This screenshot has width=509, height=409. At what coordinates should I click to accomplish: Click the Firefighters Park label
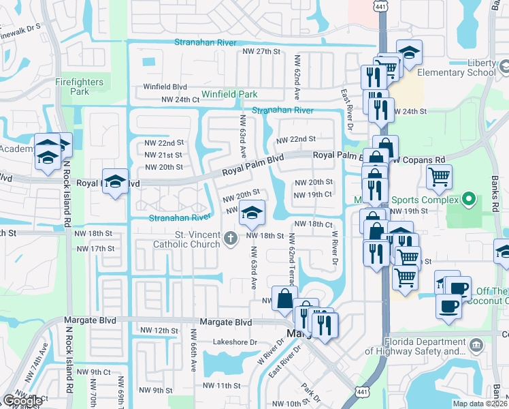click(80, 87)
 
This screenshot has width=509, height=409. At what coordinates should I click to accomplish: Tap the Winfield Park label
click(229, 94)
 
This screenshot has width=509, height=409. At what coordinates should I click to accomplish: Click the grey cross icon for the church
click(231, 237)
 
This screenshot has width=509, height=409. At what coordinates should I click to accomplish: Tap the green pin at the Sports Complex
click(467, 200)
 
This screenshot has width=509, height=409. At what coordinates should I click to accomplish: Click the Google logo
click(22, 401)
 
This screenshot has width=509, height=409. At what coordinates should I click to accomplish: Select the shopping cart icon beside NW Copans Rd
click(439, 177)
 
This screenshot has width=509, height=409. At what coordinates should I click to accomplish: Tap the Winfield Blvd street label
click(165, 87)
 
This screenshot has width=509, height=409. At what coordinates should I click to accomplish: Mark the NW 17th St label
click(96, 249)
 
